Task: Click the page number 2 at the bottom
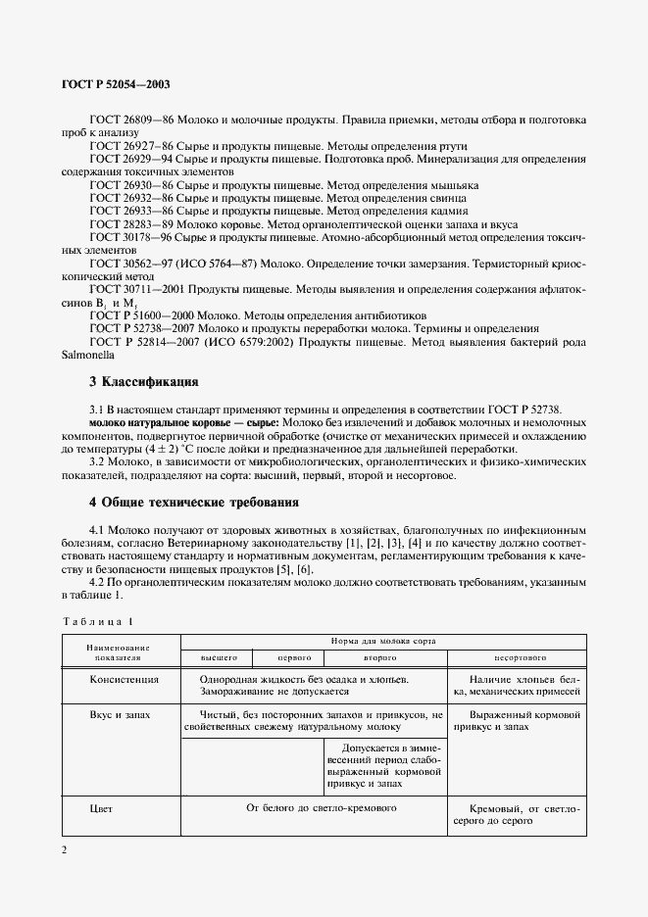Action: pyautogui.click(x=65, y=849)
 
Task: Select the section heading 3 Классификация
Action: pyautogui.click(x=144, y=380)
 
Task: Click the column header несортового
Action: pyautogui.click(x=515, y=657)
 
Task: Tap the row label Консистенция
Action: pyautogui.click(x=125, y=678)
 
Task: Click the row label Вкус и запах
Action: pyautogui.click(x=121, y=715)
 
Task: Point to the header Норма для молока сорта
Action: pyautogui.click(x=382, y=640)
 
